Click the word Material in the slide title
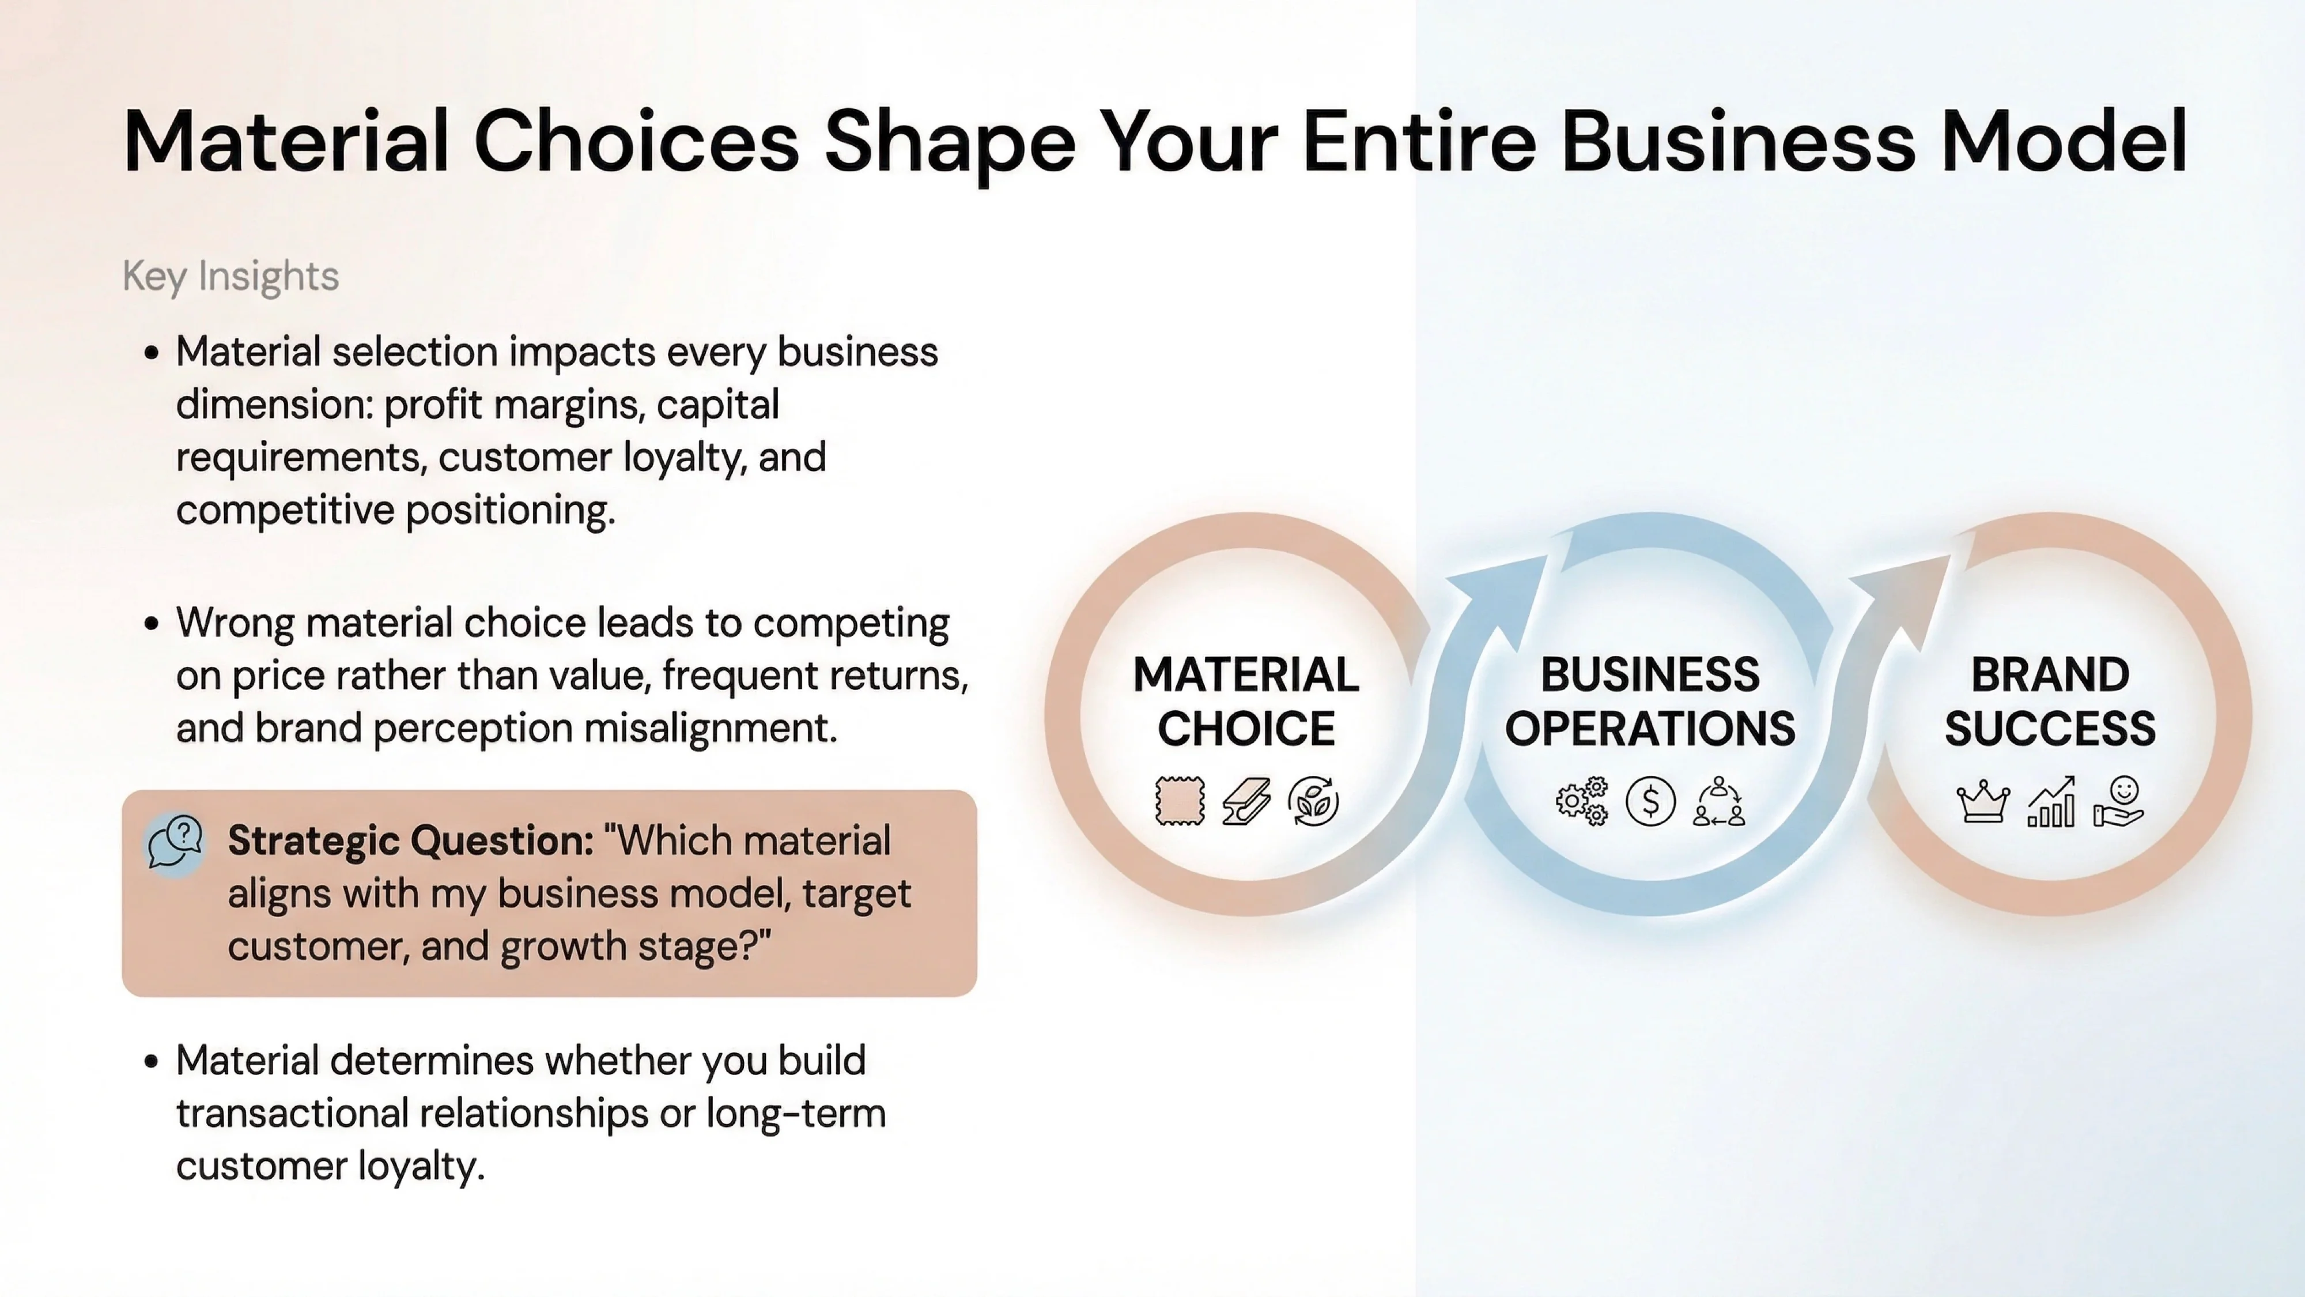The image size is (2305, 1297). tap(285, 141)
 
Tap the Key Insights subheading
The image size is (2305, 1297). tap(231, 276)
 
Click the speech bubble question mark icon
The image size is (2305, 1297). tap(175, 842)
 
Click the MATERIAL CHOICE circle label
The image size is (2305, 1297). tap(1245, 701)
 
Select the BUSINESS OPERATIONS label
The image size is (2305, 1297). tap(1650, 701)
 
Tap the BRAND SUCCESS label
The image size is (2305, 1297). tap(2050, 701)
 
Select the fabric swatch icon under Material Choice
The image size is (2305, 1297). tap(1180, 800)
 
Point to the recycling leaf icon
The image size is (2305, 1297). tap(1314, 800)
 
